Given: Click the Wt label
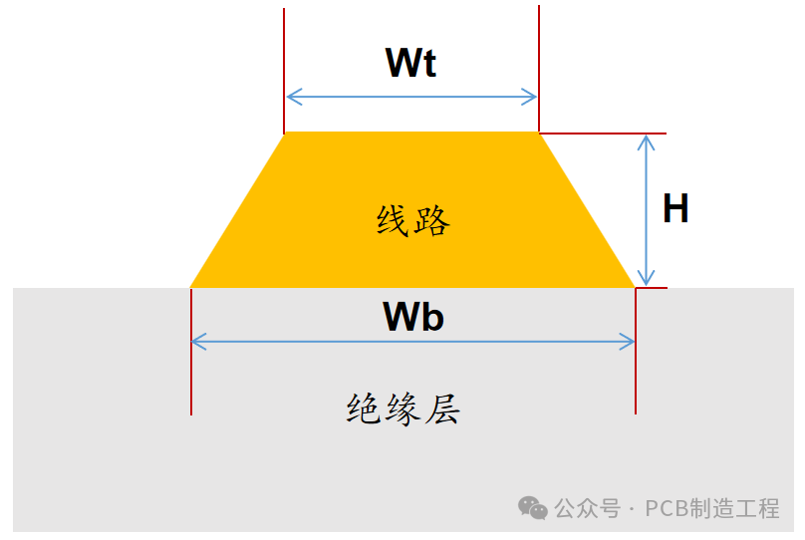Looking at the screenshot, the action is point(410,63).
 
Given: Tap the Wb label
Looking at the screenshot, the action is point(413,316).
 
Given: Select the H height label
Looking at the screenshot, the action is point(675,208).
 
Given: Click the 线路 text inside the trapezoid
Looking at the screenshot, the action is point(413,221).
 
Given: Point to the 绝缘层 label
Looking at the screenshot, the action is point(403,409).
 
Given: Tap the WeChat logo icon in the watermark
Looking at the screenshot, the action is point(533,508).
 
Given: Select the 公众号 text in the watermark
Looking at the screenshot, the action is point(588,509).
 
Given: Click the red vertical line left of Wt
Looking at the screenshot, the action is point(284,71).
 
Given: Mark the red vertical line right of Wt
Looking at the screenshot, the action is point(539,69).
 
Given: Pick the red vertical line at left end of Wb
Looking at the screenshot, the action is point(191,352).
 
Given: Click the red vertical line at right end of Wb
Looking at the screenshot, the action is point(636,351).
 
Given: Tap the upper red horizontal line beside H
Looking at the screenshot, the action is point(603,134).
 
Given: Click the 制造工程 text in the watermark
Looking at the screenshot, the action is point(734,509).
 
